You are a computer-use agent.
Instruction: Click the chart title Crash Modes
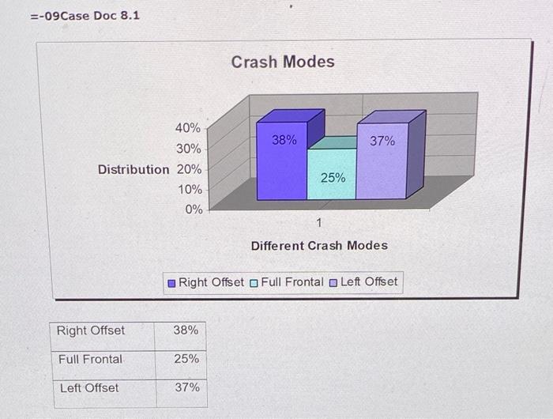pos(283,62)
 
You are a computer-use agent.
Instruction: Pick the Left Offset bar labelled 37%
pos(382,162)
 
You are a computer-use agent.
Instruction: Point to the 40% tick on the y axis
pos(188,128)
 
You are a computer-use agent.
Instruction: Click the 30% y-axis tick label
pos(188,149)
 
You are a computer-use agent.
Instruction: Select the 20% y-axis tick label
pos(188,169)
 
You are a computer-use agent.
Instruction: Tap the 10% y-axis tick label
pos(188,190)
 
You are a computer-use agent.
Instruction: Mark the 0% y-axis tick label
pos(193,210)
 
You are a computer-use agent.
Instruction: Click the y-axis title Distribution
pos(134,169)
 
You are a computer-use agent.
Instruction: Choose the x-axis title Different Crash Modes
pos(319,245)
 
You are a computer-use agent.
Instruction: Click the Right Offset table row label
pos(91,330)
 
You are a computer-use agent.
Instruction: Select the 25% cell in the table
pos(186,359)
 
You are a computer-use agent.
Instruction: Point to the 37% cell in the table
pos(186,387)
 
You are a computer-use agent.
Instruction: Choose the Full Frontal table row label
pos(91,359)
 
